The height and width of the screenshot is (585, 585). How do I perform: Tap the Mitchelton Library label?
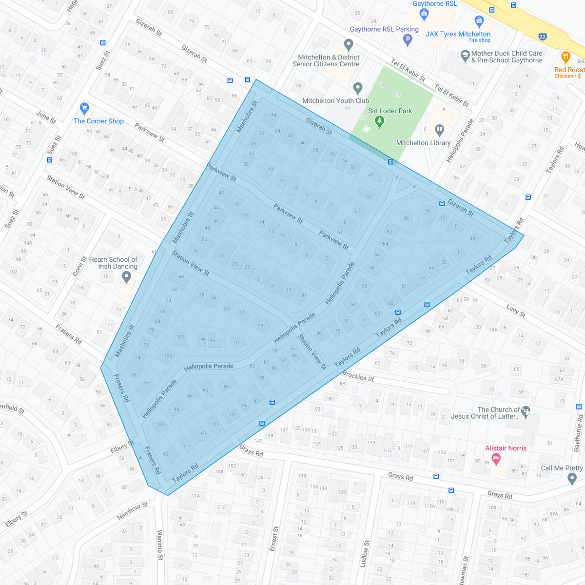tap(423, 143)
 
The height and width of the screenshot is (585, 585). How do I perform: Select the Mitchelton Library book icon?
tap(439, 130)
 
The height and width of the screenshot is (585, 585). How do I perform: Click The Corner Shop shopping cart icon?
tap(84, 108)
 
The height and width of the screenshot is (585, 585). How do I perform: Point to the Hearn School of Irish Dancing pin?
tap(127, 277)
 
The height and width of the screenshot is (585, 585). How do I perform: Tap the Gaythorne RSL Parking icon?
tap(408, 40)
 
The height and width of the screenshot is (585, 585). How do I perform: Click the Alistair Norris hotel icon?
tap(496, 458)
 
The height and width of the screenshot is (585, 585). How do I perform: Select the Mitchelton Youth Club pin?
tap(358, 88)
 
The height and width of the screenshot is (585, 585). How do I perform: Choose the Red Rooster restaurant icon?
tap(565, 57)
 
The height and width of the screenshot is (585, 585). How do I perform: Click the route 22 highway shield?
tap(542, 37)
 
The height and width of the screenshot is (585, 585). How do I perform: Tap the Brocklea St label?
tap(358, 376)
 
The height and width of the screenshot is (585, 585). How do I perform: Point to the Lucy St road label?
tap(515, 311)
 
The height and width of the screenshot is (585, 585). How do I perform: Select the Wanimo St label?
tap(159, 545)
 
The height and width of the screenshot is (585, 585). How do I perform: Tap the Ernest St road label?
tap(274, 539)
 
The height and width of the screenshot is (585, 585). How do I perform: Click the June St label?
tap(46, 117)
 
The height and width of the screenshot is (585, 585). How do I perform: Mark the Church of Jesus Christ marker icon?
tap(526, 412)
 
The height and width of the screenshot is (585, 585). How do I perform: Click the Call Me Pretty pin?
tap(572, 479)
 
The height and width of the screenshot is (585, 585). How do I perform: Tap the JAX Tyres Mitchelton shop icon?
tap(479, 21)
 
